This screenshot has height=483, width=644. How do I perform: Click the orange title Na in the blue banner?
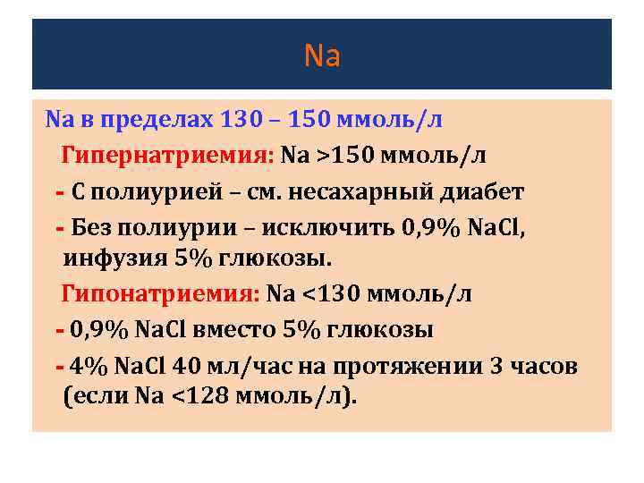(322, 56)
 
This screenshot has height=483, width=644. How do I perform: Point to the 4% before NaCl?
(89, 365)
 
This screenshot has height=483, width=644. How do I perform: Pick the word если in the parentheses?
(99, 398)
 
